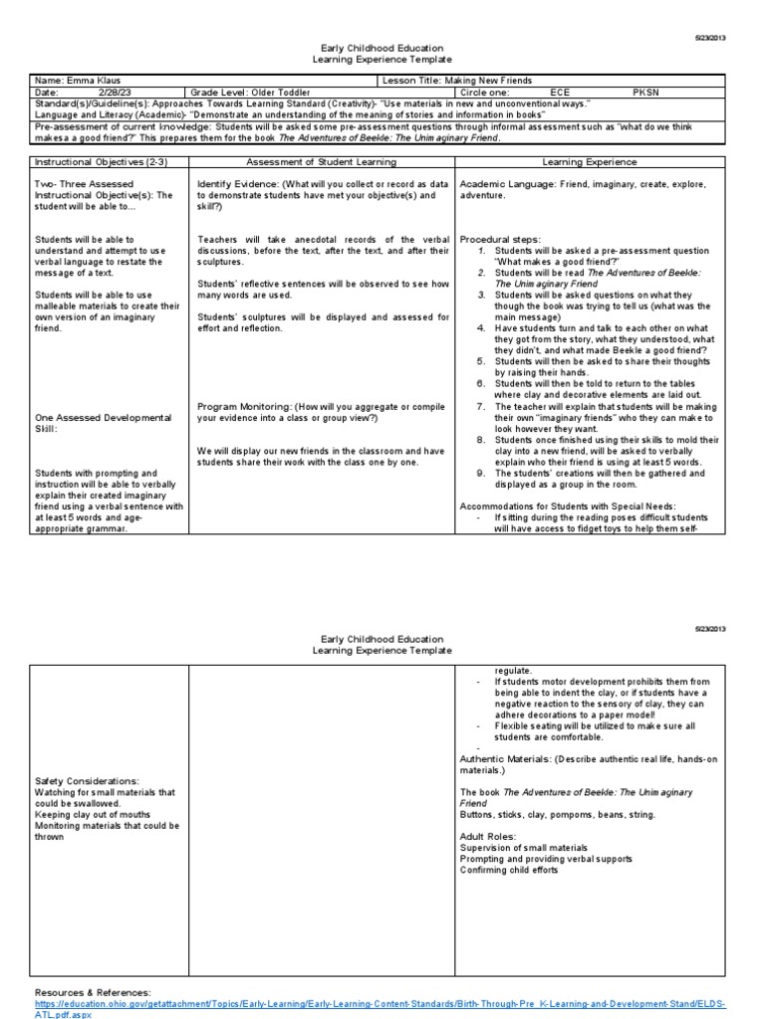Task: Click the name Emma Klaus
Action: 84,80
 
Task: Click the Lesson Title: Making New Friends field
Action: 457,80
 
